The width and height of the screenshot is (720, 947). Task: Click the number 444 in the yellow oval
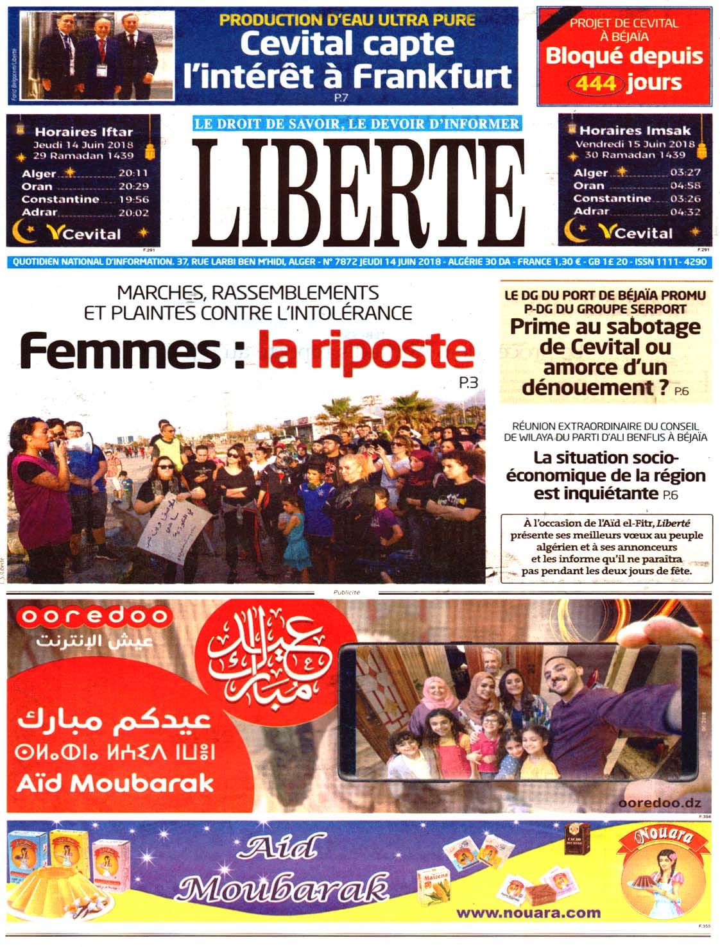596,83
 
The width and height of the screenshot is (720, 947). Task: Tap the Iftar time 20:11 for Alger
133,173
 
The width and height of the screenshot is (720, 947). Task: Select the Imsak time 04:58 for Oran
685,185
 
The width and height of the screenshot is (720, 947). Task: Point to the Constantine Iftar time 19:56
133,199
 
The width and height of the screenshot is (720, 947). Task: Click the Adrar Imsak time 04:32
685,211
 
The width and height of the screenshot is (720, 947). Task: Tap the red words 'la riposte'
366,351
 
